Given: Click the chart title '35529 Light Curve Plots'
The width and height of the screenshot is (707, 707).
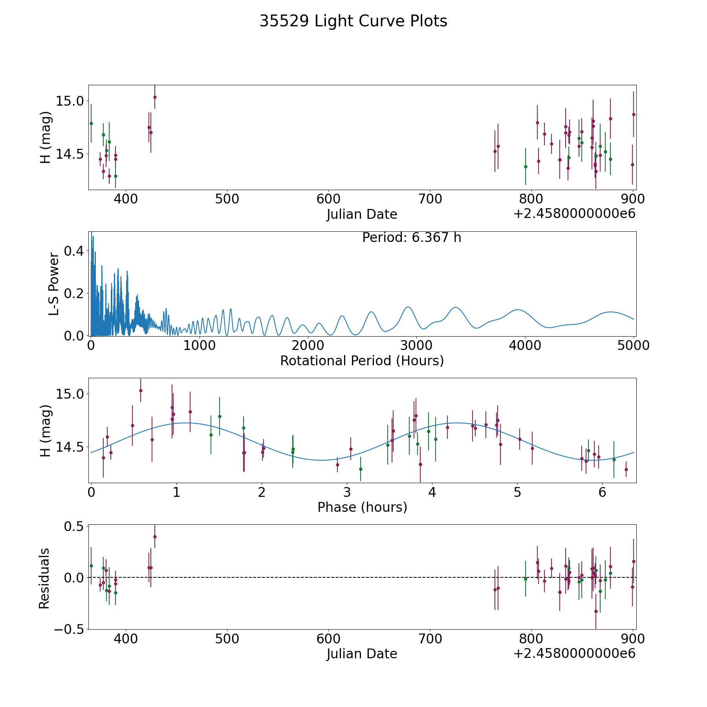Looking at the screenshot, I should (x=353, y=21).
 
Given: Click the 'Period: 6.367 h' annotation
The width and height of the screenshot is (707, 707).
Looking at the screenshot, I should (x=412, y=238).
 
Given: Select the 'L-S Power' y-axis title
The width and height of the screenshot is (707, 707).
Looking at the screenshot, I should (x=54, y=284).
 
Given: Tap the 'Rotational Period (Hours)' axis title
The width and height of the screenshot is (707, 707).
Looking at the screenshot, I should (x=362, y=361).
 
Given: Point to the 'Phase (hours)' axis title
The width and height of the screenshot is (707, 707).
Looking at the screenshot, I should (x=362, y=507).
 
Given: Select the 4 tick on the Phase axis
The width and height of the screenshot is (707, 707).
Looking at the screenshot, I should (x=432, y=492).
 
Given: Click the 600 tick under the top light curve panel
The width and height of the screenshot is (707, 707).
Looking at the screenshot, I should (x=328, y=199).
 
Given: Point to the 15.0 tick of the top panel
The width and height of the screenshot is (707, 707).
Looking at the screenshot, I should (x=70, y=101).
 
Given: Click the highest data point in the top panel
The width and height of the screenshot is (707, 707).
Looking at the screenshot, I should (x=155, y=97).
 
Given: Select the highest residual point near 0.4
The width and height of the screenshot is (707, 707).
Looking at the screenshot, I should (x=155, y=537).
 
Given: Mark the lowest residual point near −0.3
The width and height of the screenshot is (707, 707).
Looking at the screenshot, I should (x=596, y=611).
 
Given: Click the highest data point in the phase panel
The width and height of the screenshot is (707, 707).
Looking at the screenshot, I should (x=141, y=390).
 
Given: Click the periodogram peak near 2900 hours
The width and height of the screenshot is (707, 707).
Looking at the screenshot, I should (x=408, y=307).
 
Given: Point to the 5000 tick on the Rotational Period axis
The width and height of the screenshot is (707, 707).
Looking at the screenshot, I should (x=633, y=346).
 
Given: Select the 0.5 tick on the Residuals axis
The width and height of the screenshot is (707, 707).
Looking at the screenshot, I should (x=74, y=526).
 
